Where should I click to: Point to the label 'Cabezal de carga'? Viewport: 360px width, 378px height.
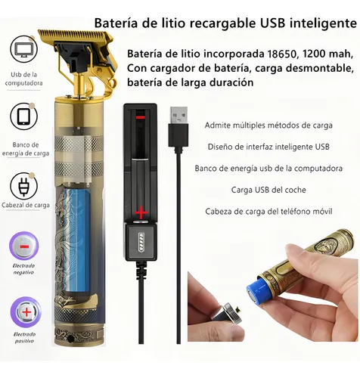(x=25, y=205)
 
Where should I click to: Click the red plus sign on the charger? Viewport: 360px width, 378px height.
(x=141, y=213)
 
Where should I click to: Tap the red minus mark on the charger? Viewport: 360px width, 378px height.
(x=140, y=119)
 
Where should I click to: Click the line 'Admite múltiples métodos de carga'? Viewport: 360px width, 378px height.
(x=268, y=125)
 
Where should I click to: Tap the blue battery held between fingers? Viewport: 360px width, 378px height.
(x=258, y=289)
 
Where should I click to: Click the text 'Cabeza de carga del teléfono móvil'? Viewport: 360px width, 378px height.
(x=268, y=211)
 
